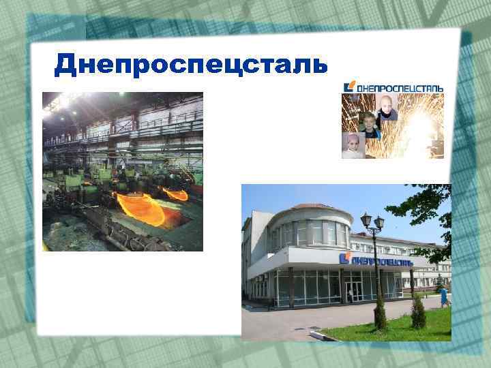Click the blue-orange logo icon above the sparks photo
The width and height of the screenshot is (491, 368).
coord(350,87)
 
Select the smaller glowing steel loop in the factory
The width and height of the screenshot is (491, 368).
coord(177,195)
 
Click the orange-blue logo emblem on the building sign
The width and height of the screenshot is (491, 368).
coord(345,259)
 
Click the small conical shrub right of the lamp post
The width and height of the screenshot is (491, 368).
coord(418,313)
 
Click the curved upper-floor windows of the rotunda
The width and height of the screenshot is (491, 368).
coord(310,234)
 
